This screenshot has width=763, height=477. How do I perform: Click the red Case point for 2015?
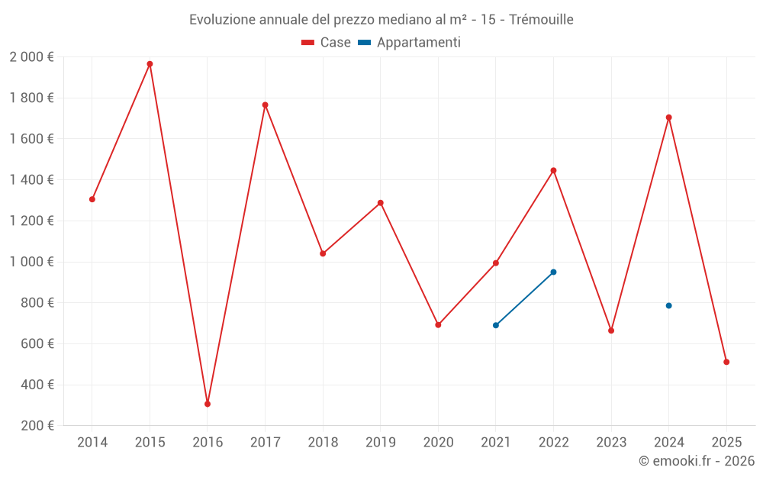pos(150,64)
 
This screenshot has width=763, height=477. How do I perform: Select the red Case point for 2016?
pos(208,404)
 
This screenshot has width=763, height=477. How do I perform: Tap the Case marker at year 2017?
pos(265,105)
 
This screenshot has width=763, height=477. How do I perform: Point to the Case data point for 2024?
pos(668,118)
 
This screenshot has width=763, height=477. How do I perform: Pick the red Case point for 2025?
pos(726,362)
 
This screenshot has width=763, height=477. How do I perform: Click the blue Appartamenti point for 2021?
pos(496,325)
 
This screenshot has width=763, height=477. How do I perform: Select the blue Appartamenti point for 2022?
pos(553,272)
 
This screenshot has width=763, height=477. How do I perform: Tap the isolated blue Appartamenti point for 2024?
pos(668,305)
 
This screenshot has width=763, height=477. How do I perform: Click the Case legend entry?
pos(326,43)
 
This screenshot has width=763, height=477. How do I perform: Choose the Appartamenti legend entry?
pos(410,43)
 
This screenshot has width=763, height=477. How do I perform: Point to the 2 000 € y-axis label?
pos(32,57)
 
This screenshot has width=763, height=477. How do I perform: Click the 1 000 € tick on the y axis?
pos(32,262)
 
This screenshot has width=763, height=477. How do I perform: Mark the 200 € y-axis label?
pos(37,426)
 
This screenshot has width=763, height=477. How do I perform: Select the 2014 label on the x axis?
pos(92,442)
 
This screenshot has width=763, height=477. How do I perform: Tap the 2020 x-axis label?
pos(438,442)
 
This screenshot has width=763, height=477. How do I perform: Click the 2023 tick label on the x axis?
pos(611,442)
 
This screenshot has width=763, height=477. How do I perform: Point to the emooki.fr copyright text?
pos(696,461)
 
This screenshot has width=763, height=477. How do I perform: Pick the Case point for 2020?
pos(438,325)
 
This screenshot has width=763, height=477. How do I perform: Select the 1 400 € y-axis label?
pos(32,180)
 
